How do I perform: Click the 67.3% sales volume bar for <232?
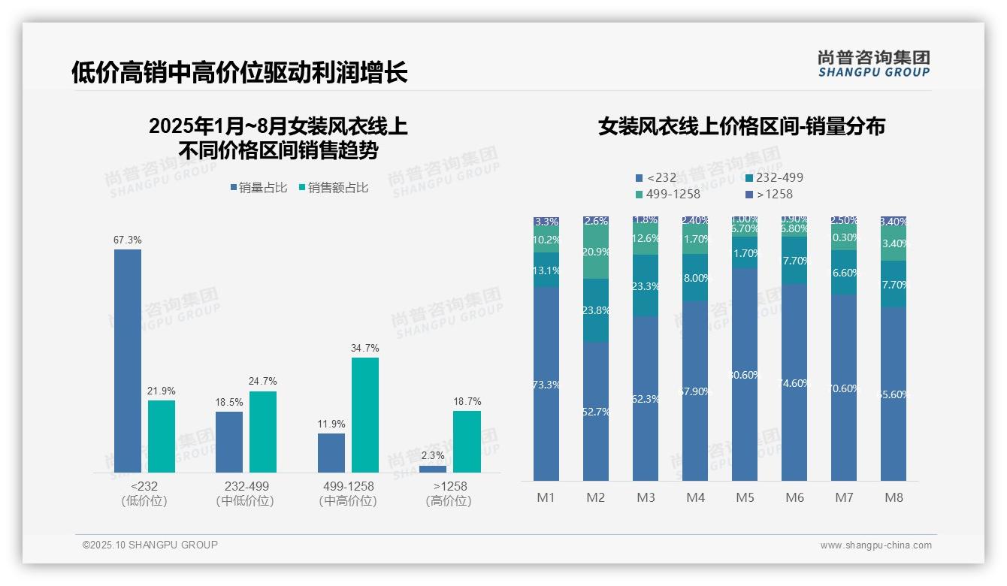pyautogui.click(x=128, y=361)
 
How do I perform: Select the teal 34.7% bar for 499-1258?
pyautogui.click(x=365, y=415)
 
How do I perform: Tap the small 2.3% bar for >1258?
pyautogui.click(x=433, y=469)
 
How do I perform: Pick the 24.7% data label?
pyautogui.click(x=262, y=382)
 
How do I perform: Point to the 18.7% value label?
pyautogui.click(x=467, y=402)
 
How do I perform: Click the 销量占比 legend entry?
pyautogui.click(x=259, y=188)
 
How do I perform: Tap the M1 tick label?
pyautogui.click(x=546, y=497)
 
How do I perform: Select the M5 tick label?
pyautogui.click(x=745, y=497)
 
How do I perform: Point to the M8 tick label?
pyautogui.click(x=894, y=497)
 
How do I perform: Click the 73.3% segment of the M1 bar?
pyautogui.click(x=546, y=384)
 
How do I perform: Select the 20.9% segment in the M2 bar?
pyautogui.click(x=596, y=252)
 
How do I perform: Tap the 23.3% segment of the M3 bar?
pyautogui.click(x=646, y=285)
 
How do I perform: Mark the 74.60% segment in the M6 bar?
pyautogui.click(x=794, y=382)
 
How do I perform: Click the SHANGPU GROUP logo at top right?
pyautogui.click(x=873, y=63)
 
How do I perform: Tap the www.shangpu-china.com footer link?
pyautogui.click(x=875, y=545)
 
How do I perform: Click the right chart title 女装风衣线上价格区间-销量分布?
pyautogui.click(x=742, y=126)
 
